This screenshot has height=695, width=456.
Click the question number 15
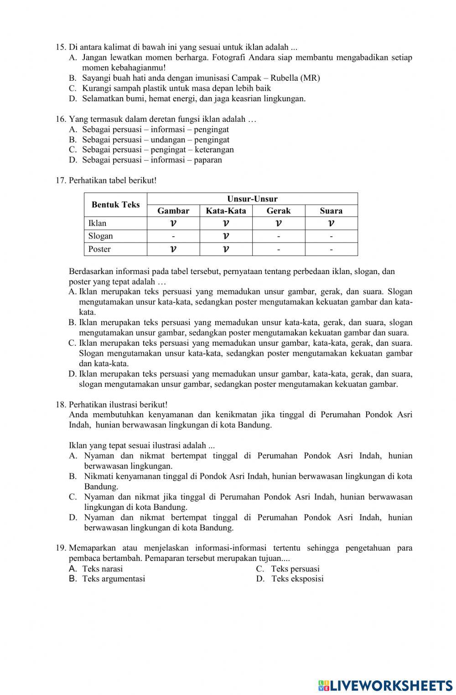pos(61,47)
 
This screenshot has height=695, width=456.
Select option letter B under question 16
pos(73,140)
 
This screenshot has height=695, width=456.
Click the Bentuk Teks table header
pos(115,205)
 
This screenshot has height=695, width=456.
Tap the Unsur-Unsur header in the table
pos(252,199)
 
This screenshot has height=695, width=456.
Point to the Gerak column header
pos(278,211)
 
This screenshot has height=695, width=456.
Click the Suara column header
pos(331,211)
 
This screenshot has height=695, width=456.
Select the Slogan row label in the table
pos(100,236)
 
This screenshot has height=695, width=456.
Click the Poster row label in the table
pos(99,249)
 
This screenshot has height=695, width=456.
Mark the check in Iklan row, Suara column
pos(331,223)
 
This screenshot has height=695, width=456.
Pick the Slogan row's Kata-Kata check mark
pos(226,236)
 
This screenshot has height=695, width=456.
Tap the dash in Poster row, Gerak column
pos(278,249)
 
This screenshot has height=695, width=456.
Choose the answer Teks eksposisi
pos(297,579)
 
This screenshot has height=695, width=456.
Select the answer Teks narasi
pos(102,569)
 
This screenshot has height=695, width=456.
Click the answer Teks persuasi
pos(295,569)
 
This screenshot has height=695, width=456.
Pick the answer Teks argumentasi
pos(114,579)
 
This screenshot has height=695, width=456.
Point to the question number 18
pos(61,405)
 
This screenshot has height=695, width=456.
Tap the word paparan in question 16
pos(207,160)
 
